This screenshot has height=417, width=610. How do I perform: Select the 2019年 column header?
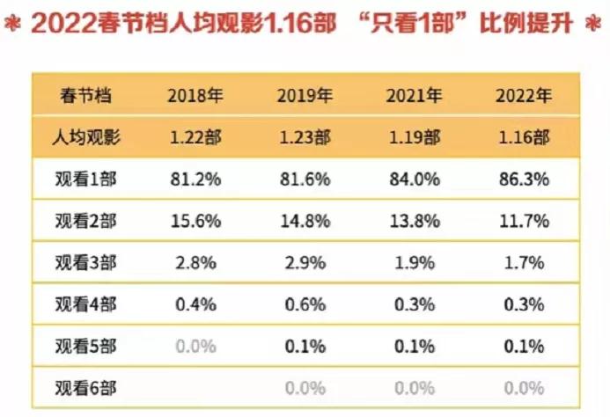305,95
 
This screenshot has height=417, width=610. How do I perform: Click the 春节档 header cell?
85,95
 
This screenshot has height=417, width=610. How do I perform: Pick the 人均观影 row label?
85,137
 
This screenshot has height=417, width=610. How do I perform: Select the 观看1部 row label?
85,179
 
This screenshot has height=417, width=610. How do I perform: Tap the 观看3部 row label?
85,262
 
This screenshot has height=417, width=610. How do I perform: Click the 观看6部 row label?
85,388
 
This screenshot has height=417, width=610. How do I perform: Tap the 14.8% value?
305,221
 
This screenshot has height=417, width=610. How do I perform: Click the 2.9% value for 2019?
305,262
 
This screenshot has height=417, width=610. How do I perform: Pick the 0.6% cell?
305,304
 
